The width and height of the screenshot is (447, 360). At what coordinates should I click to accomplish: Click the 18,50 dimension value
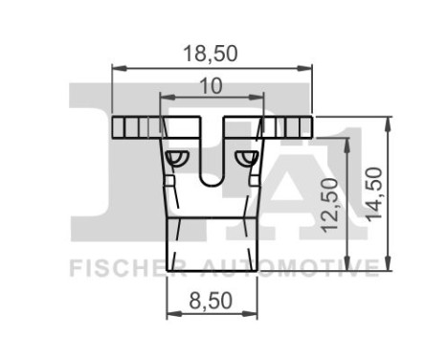pos(211,54)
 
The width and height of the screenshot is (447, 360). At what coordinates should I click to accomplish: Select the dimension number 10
pos(211,86)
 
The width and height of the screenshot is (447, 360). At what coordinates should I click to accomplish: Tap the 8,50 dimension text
pos(212,301)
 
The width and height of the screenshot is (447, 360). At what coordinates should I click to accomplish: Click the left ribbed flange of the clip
pos(134,126)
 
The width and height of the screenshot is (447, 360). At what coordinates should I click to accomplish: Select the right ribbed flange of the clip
pos(290,126)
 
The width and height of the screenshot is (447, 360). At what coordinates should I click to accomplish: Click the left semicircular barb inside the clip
pos(175,156)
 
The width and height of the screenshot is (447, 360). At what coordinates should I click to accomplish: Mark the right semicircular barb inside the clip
pos(248,156)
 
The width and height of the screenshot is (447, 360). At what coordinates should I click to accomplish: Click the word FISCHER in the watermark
pos(117,266)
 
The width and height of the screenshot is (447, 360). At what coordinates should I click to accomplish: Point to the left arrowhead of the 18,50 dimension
pos(117,68)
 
